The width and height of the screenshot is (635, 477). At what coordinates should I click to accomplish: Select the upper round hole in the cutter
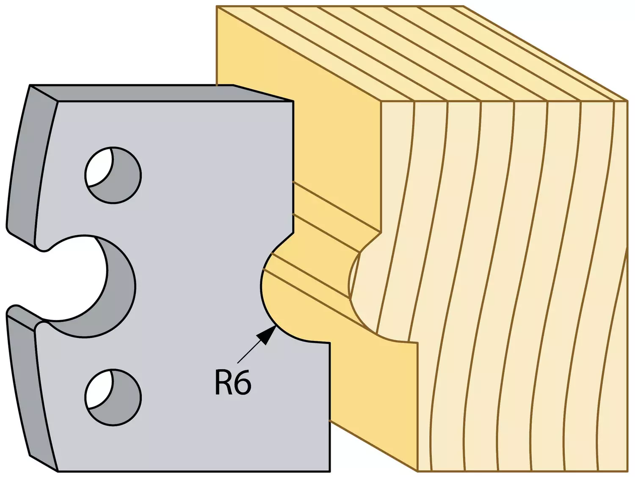click(113, 175)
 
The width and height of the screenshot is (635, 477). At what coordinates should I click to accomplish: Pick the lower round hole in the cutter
click(113, 397)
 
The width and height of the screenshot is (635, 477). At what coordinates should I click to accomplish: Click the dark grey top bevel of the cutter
click(162, 93)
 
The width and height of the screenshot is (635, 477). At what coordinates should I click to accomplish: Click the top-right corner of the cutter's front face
click(293, 101)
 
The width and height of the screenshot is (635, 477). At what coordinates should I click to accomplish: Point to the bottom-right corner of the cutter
click(329, 471)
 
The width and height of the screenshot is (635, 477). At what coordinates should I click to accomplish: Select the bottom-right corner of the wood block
click(627, 471)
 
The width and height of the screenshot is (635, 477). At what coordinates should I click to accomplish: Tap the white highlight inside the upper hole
click(98, 167)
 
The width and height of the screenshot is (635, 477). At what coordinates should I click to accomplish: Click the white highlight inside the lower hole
click(98, 389)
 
